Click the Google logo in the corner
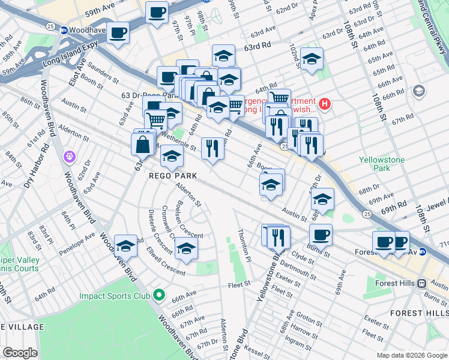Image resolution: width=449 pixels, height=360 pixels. point(20,353)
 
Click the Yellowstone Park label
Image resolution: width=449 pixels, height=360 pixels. point(381,164)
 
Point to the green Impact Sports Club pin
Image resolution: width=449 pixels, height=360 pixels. point(158,295)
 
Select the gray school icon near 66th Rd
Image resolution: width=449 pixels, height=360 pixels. point(418,92)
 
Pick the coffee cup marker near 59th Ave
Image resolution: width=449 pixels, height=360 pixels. point(157,13)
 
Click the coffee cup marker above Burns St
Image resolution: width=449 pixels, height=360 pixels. point(321,235)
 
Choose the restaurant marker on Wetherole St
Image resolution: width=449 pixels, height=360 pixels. point(212,148)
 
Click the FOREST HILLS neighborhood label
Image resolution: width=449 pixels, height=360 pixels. point(418,313)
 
